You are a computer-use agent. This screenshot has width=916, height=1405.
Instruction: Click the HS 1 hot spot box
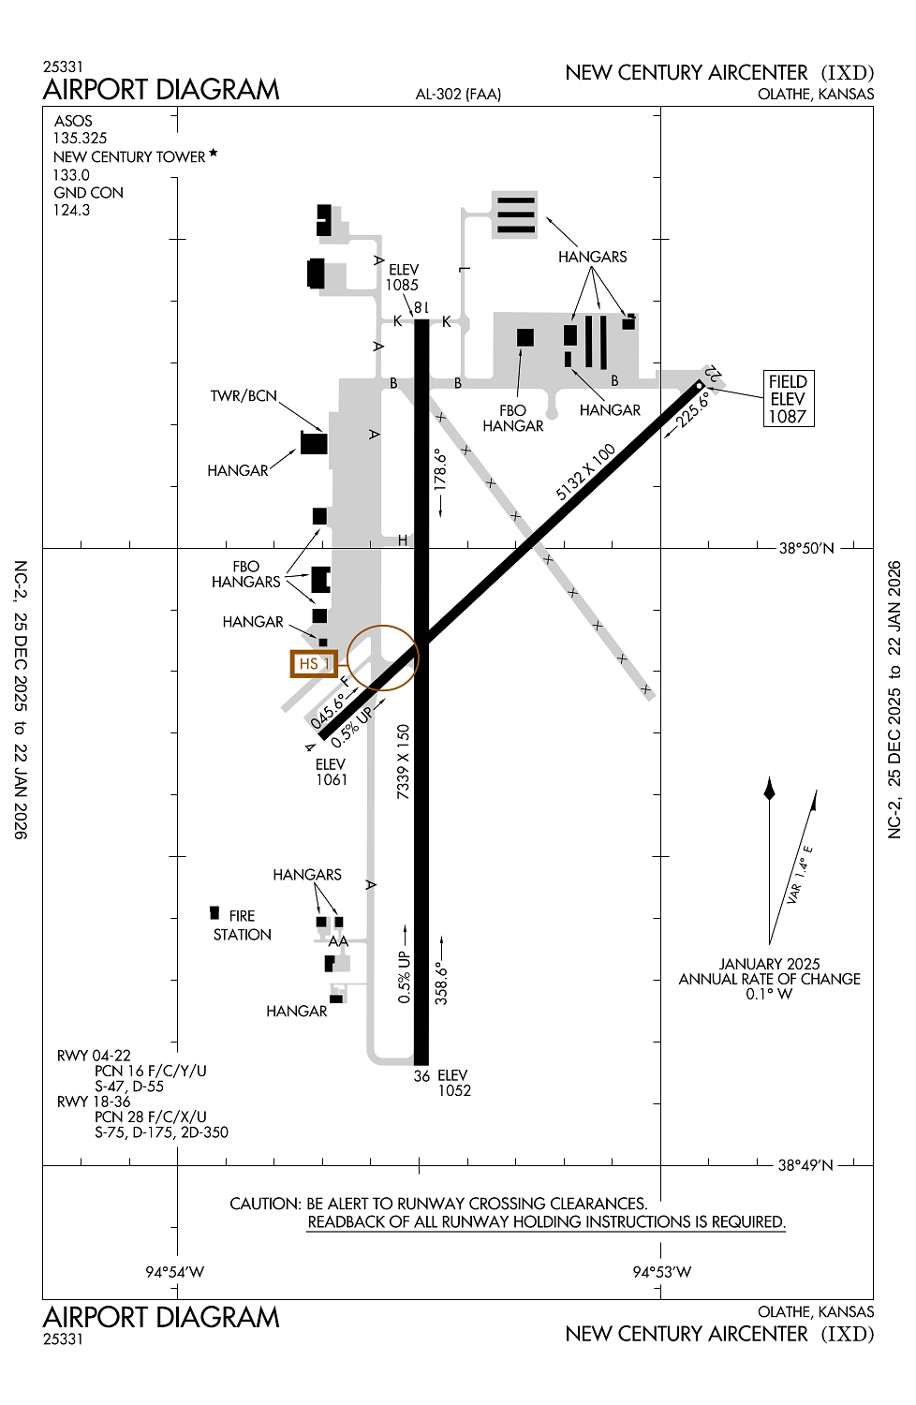[314, 663]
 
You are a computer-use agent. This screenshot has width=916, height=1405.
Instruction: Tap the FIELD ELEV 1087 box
[788, 399]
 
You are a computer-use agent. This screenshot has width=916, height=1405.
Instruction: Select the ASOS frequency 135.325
[80, 138]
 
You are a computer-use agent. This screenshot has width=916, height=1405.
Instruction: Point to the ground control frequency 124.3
[71, 210]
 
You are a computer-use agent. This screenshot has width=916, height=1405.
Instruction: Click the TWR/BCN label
[244, 396]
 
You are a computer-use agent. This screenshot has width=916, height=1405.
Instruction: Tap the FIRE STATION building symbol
[214, 912]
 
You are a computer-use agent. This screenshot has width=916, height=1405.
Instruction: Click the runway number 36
[421, 1076]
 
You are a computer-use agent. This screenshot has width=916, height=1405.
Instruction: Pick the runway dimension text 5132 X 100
[585, 472]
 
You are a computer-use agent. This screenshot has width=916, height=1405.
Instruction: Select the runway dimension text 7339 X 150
[403, 762]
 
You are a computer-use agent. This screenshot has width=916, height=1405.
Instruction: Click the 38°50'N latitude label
[806, 548]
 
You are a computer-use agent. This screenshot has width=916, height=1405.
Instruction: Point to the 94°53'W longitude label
[661, 1272]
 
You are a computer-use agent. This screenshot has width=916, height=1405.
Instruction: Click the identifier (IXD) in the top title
[848, 73]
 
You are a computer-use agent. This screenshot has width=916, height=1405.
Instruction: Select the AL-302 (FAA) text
[458, 94]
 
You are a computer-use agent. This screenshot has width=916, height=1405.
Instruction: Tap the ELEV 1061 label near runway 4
[332, 772]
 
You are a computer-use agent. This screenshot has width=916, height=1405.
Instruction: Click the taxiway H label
[403, 540]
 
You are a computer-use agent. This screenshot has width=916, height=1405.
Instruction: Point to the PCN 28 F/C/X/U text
[151, 1117]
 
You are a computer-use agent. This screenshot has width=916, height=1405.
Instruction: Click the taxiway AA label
[338, 941]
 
